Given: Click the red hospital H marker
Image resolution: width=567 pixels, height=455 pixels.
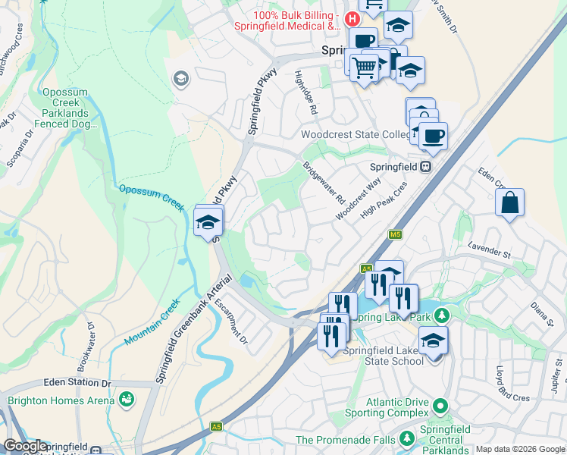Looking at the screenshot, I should click(352, 17).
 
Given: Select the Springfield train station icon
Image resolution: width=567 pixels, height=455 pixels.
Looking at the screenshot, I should click(427, 166).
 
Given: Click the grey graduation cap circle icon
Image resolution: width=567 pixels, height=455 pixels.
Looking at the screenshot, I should click(180, 78).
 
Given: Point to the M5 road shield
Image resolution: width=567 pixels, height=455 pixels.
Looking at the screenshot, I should click(395, 235).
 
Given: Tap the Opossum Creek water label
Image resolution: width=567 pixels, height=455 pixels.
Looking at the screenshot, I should click(152, 196).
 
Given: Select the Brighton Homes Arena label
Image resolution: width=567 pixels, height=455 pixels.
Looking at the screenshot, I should click(61, 400).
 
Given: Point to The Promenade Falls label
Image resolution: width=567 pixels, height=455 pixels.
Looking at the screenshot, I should click(345, 440).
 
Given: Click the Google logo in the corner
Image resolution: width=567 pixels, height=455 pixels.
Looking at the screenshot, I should click(24, 447).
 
